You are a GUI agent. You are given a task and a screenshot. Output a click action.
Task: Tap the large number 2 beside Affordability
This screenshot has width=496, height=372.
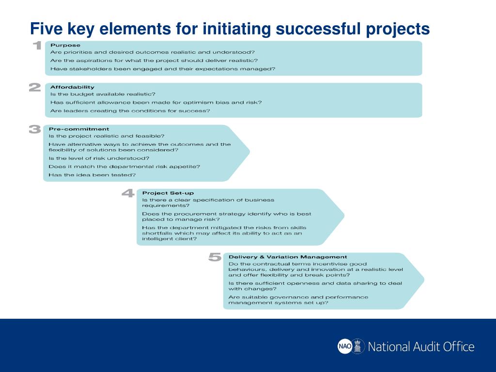coord(35,88)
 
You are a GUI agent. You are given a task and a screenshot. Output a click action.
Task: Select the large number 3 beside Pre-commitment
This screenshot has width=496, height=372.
coord(35,129)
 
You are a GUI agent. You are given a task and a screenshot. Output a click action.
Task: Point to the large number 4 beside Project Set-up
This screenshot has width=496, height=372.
coord(128,193)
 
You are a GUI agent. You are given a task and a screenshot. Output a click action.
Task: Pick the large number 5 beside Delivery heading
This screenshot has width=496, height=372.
coord(215,257)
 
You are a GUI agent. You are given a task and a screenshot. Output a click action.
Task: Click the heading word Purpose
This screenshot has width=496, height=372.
coord(65,45)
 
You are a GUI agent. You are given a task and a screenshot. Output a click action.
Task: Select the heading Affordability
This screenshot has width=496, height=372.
coord(72,87)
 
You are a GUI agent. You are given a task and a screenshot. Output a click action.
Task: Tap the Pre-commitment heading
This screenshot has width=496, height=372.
coord(78,129)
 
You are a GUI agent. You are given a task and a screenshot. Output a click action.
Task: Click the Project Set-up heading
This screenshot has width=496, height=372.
coord(168,193)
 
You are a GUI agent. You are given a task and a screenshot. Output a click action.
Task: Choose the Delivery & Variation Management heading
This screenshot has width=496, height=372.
coord(288,257)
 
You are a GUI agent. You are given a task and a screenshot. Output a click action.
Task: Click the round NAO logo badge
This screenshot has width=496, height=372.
coord(344,346)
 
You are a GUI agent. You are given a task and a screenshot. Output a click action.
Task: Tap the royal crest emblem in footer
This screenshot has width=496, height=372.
coord(358,346)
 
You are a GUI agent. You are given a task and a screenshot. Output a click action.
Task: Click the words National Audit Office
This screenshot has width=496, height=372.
coord(421,347)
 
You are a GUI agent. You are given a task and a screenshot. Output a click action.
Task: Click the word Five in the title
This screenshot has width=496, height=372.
coord(46,29)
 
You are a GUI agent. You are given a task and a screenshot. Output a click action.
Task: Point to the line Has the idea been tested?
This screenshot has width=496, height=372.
coord(92,175)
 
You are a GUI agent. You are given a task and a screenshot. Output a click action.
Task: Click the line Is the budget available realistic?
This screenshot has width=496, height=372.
coord(103,94)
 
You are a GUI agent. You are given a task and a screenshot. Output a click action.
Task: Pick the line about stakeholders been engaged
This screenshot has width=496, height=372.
coord(163,69)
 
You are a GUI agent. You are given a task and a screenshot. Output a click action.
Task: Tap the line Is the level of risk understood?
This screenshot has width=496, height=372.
coord(99,158)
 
